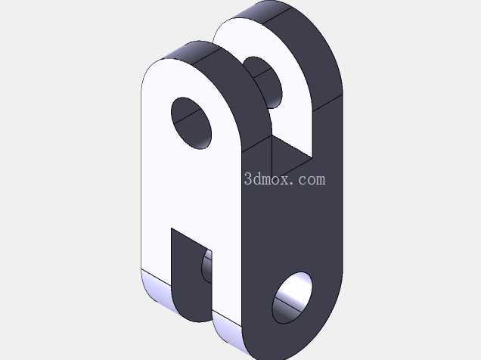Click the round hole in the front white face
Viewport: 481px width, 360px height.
[191, 123]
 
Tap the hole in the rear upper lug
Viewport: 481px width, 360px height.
[262, 82]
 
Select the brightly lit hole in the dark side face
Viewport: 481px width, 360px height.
[293, 298]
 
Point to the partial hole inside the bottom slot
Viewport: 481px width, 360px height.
[207, 266]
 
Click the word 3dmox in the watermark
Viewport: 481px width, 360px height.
[267, 178]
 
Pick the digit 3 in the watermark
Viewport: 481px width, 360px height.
[248, 179]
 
